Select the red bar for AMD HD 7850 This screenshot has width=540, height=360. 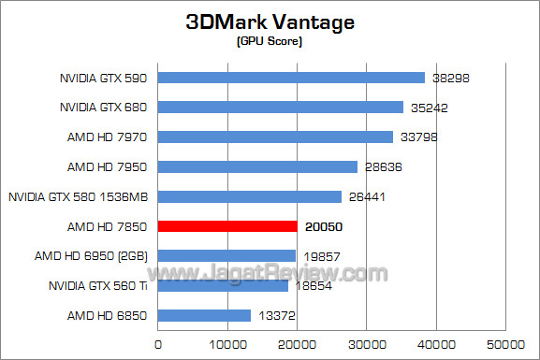pos(227,226)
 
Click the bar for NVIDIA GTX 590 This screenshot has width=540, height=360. pos(291,78)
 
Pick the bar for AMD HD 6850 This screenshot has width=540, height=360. pos(204,315)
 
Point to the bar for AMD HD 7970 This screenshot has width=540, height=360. pos(275,137)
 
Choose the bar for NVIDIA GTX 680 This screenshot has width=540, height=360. pos(281,108)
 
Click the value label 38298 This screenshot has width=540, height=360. pos(450,78)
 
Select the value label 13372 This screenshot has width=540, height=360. pos(276,315)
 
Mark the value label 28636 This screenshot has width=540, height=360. pos(383,167)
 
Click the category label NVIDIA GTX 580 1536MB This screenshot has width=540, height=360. pos(79,196)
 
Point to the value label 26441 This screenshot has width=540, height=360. pos(367,196)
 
